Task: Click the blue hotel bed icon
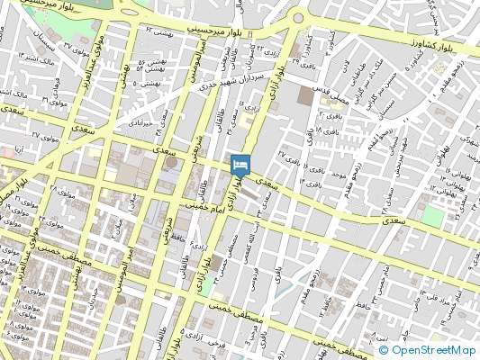click(x=240, y=165)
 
